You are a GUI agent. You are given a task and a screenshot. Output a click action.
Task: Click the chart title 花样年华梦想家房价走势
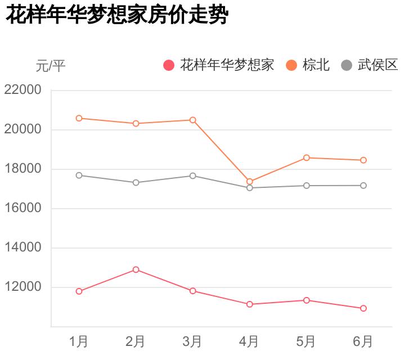point(116,15)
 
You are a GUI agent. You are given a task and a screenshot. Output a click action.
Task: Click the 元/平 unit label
point(51,66)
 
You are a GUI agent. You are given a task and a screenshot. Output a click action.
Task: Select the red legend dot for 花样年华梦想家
point(169,65)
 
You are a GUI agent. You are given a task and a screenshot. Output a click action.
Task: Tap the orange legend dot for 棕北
point(291,65)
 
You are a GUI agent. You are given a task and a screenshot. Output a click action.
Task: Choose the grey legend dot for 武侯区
point(347,65)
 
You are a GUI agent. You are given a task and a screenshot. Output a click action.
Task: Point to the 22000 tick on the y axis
point(23,90)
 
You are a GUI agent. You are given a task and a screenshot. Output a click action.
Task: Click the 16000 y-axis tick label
point(23,208)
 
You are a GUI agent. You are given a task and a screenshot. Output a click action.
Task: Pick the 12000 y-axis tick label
point(23,287)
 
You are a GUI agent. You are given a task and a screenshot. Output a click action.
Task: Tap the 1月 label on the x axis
point(79,341)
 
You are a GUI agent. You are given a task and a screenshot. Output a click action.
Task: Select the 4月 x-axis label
point(249,341)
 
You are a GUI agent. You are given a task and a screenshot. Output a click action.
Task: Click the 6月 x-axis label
point(363,341)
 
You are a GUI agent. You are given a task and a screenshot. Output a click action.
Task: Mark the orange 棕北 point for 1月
point(79,118)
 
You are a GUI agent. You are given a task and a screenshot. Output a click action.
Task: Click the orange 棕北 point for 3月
point(192,120)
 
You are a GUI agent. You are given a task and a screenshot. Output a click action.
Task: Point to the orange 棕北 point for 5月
point(307,157)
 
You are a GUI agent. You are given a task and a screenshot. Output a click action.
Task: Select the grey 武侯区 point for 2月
point(136,183)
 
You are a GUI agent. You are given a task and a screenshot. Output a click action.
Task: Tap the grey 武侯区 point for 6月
point(363,186)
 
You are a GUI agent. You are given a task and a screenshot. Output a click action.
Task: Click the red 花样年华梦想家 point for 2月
point(136,269)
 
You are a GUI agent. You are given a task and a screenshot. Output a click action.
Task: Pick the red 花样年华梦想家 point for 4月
point(249,304)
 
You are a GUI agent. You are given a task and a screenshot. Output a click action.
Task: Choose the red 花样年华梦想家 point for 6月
point(363,308)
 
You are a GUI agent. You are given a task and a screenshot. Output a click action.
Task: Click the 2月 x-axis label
point(136,341)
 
